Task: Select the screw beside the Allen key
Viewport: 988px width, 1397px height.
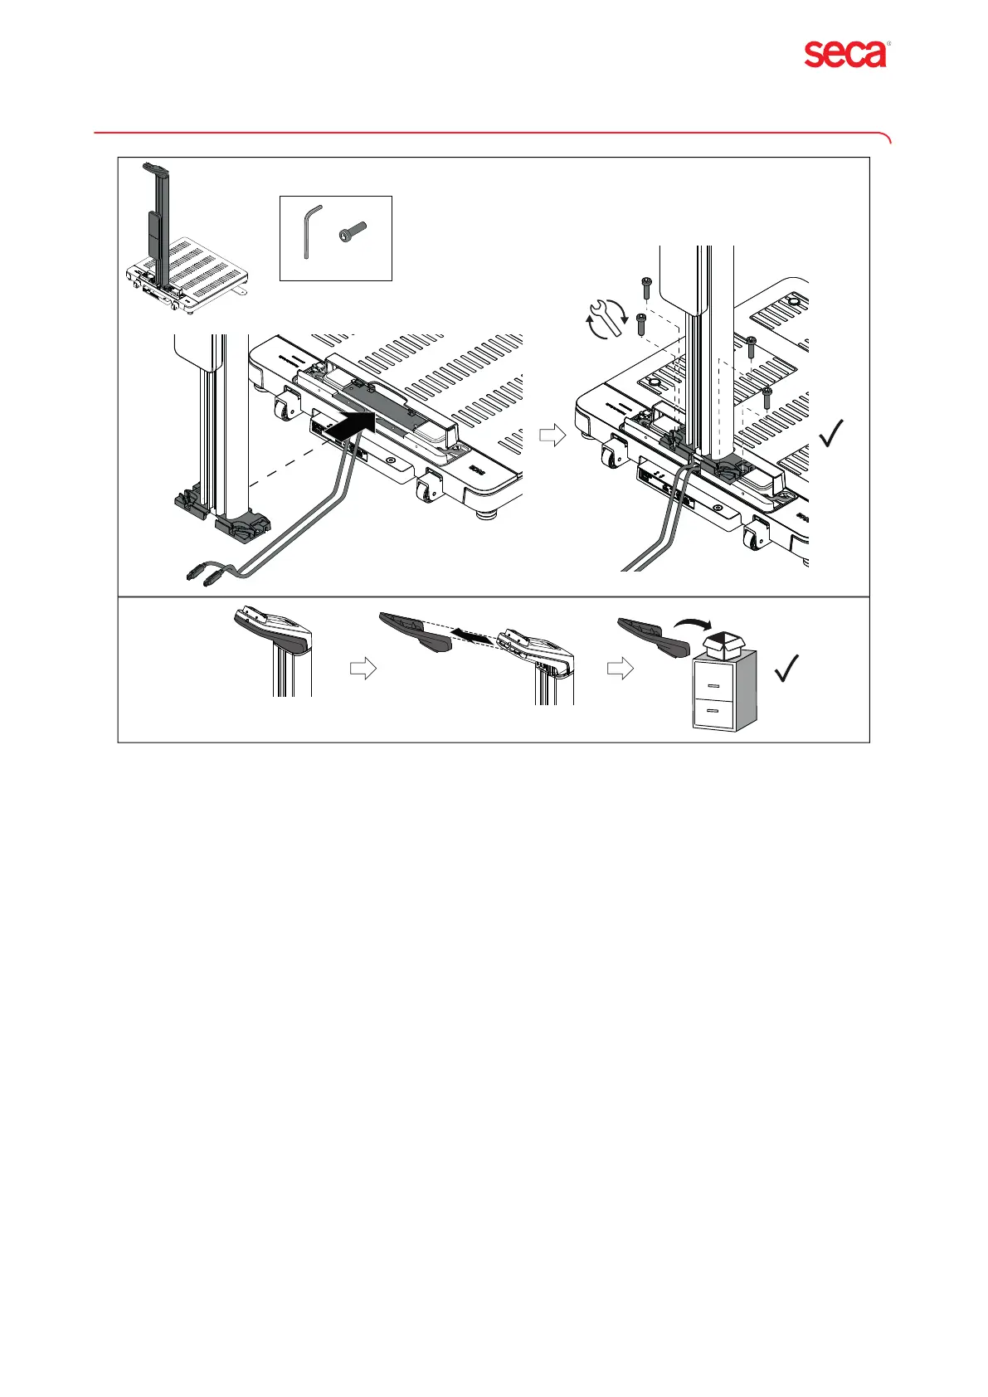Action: [353, 233]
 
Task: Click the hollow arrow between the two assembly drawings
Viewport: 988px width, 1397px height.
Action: [552, 435]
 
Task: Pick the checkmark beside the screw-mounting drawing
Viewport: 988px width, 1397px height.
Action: [832, 432]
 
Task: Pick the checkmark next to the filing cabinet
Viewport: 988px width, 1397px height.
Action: [786, 668]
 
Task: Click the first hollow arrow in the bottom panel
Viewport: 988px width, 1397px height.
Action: [363, 669]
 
